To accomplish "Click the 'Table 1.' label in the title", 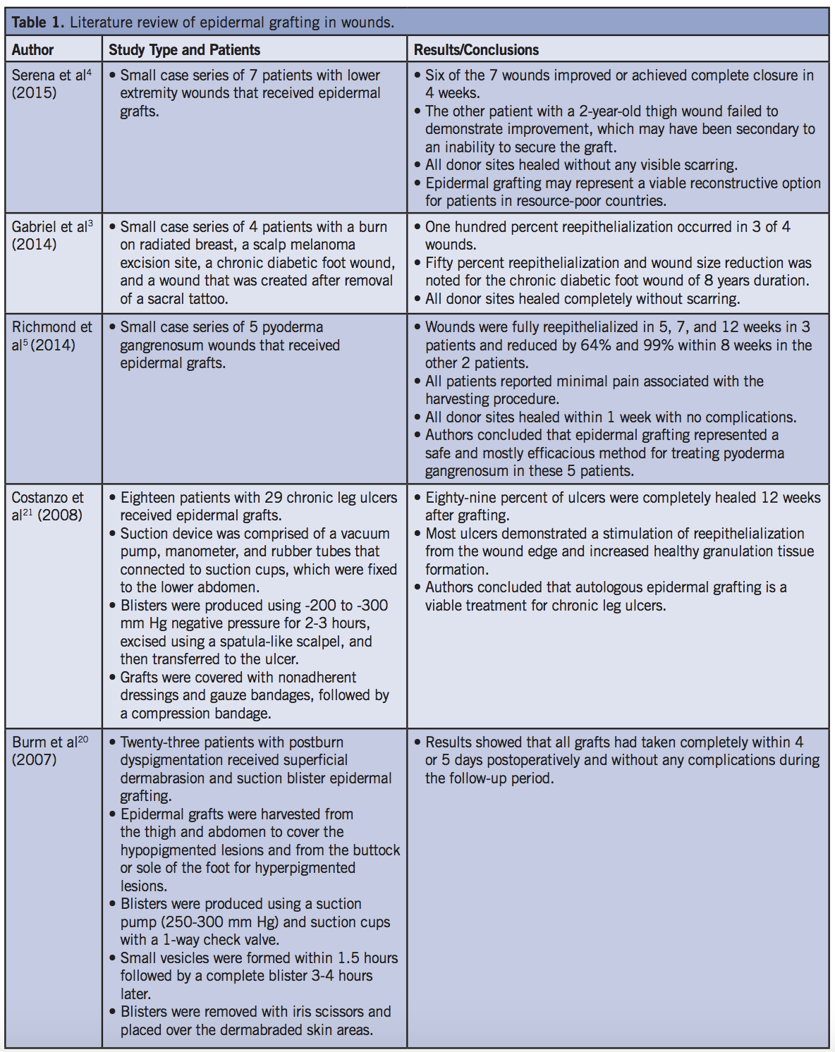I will click(x=38, y=23).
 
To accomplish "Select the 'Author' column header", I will click(x=32, y=50).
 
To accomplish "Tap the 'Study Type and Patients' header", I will click(x=184, y=50).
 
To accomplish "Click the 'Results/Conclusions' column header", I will click(x=476, y=50).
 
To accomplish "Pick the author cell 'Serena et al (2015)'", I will click(x=51, y=84).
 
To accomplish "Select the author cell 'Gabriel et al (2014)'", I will click(x=51, y=236).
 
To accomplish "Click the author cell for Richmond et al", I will click(x=51, y=336).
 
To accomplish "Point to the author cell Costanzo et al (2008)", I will click(x=47, y=506).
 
